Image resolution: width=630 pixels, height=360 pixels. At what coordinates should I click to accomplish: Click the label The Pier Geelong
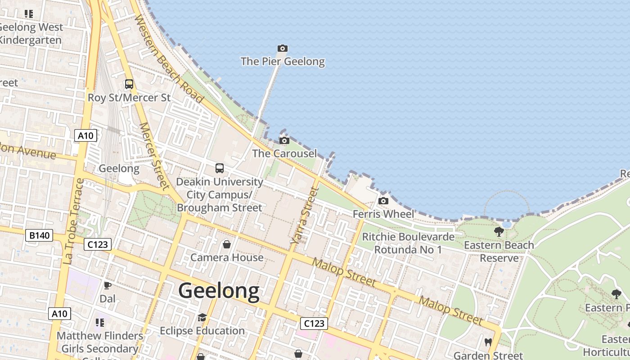pos(283,61)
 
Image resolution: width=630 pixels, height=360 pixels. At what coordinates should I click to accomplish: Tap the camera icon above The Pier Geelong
pos(283,48)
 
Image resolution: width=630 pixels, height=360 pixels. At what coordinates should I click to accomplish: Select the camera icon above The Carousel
pos(284,141)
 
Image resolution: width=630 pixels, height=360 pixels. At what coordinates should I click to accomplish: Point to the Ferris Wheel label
pos(383,214)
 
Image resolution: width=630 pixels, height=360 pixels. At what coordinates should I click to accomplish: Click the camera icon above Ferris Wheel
pos(383,201)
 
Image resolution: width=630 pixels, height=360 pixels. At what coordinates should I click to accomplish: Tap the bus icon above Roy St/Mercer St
pos(129,84)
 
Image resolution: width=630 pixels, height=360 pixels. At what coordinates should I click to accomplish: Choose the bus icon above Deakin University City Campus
pos(220,168)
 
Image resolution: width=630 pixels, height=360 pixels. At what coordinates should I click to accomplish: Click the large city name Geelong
pos(219,291)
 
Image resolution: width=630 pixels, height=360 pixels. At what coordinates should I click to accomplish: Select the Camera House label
pos(227,257)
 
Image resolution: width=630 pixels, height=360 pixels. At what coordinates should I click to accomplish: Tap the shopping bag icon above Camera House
pos(227,244)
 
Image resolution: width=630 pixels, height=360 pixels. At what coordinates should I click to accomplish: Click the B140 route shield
pos(40,235)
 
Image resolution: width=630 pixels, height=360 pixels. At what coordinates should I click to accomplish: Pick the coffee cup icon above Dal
pos(108,285)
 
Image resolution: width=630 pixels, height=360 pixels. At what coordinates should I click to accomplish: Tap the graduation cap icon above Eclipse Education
pos(202,318)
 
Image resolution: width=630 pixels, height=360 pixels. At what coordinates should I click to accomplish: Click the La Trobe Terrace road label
pos(74,221)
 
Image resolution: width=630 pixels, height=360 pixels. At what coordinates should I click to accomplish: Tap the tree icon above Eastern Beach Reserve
pos(499,232)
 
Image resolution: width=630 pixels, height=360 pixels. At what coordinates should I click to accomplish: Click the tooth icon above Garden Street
pos(488,342)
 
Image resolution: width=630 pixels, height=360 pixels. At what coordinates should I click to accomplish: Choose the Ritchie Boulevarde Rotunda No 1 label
pos(408,243)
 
